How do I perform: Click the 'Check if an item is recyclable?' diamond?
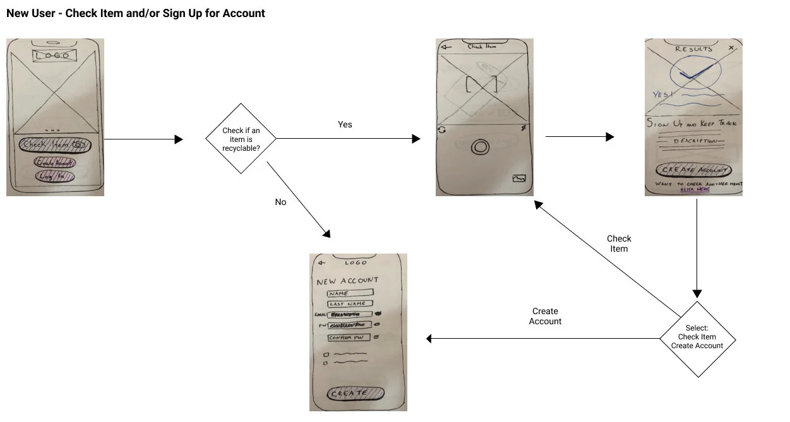pyautogui.click(x=241, y=139)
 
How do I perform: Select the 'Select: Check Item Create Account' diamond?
pyautogui.click(x=697, y=339)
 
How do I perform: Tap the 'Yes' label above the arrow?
pyautogui.click(x=345, y=124)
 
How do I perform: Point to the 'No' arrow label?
pyautogui.click(x=280, y=202)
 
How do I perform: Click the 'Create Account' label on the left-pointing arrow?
pyautogui.click(x=545, y=316)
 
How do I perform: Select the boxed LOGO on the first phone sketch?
pyautogui.click(x=55, y=56)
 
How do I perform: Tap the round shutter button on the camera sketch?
pyautogui.click(x=481, y=148)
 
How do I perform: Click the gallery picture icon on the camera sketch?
pyautogui.click(x=520, y=179)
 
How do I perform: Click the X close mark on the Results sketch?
pyautogui.click(x=731, y=48)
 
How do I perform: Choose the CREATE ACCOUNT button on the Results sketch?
pyautogui.click(x=694, y=170)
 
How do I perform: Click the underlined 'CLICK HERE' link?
pyautogui.click(x=694, y=189)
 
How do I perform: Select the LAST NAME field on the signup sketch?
pyautogui.click(x=349, y=304)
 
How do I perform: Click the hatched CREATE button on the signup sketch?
pyautogui.click(x=355, y=394)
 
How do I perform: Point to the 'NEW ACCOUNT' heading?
pyautogui.click(x=347, y=281)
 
